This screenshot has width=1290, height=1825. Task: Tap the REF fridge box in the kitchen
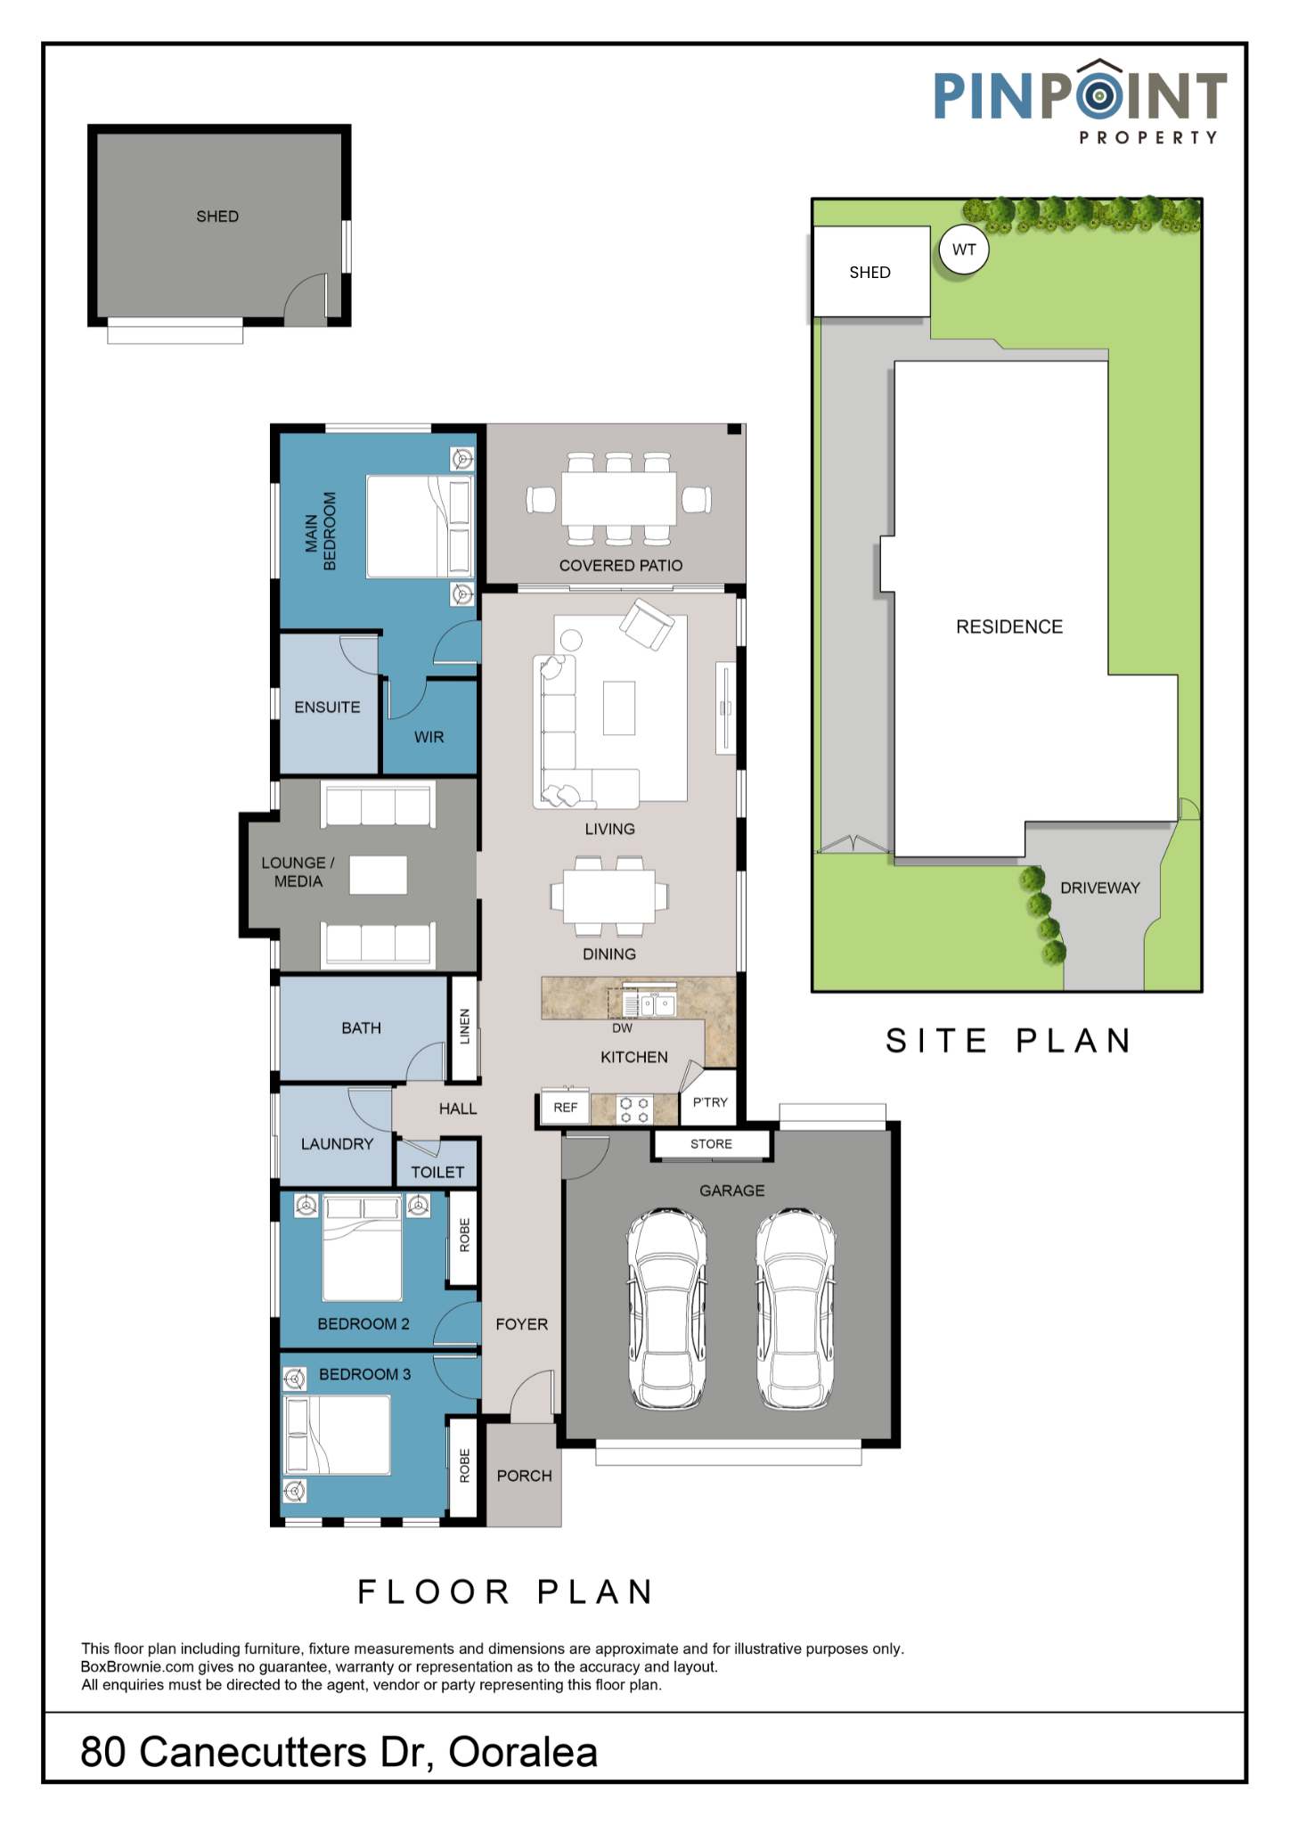pyautogui.click(x=566, y=1108)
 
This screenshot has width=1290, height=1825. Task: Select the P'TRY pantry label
pyautogui.click(x=710, y=1102)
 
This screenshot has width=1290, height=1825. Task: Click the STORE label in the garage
pyautogui.click(x=711, y=1144)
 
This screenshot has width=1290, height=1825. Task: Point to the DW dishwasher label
pyautogui.click(x=622, y=1028)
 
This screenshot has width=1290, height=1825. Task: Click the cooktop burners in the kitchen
pyautogui.click(x=634, y=1110)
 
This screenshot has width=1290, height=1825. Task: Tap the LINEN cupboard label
pyautogui.click(x=464, y=1027)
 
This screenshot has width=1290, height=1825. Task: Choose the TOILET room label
pyautogui.click(x=437, y=1173)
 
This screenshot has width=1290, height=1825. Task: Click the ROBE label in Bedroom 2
pyautogui.click(x=464, y=1236)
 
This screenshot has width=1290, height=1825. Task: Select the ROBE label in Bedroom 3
pyautogui.click(x=464, y=1466)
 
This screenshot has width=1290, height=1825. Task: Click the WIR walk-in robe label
pyautogui.click(x=429, y=738)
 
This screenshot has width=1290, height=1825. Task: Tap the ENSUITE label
pyautogui.click(x=327, y=708)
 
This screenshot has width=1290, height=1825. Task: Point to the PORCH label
pyautogui.click(x=524, y=1477)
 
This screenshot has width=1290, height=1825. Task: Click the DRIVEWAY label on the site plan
pyautogui.click(x=1100, y=888)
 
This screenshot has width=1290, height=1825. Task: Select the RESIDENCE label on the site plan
pyautogui.click(x=1009, y=627)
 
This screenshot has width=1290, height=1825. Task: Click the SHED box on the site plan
pyautogui.click(x=871, y=271)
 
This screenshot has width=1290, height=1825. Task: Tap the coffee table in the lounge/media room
pyautogui.click(x=378, y=875)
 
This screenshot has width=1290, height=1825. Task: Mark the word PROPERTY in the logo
pyautogui.click(x=1147, y=138)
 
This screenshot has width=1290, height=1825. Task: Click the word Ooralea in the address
pyautogui.click(x=523, y=1752)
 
